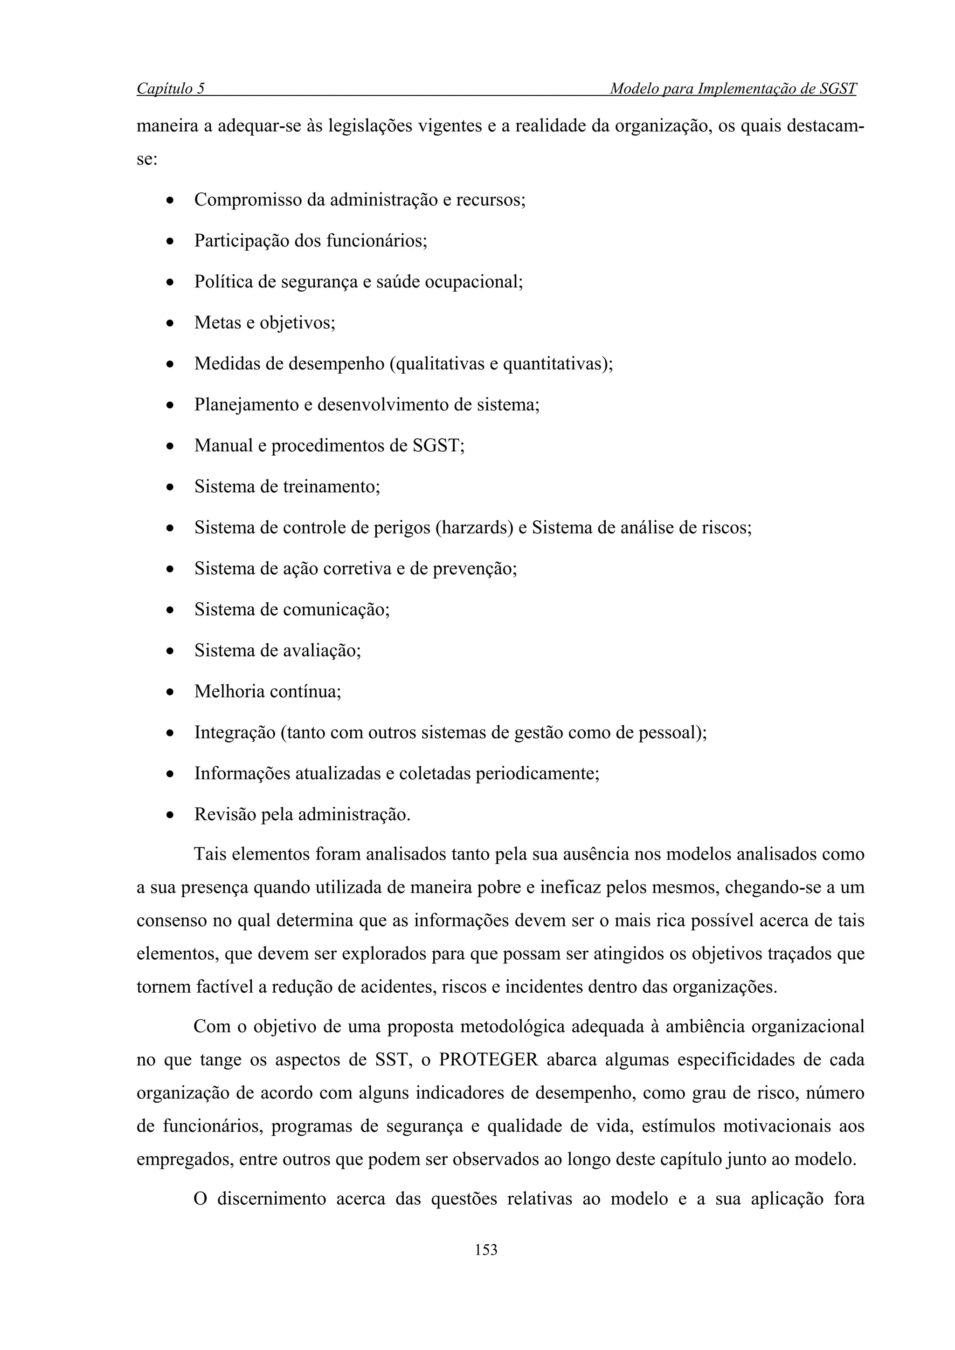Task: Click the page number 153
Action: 485,1249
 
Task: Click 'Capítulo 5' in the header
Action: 171,89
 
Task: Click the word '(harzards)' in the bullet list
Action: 474,527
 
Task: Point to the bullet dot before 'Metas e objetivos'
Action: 169,323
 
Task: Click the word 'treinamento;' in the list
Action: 331,487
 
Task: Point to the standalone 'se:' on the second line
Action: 147,159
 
